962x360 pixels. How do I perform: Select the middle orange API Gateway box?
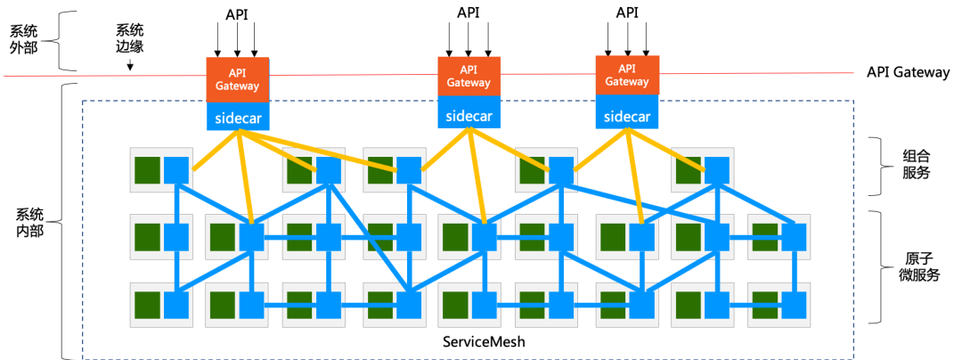pos(469,76)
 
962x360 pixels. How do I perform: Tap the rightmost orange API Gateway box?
pos(626,75)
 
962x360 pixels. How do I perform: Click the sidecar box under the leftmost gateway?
pos(237,117)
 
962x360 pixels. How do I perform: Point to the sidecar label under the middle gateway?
pos(469,113)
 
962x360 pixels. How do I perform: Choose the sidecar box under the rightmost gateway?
pos(626,116)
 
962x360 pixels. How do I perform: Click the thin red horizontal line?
pos(89,76)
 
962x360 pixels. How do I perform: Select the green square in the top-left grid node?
pos(147,169)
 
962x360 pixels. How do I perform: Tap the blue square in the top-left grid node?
pos(176,169)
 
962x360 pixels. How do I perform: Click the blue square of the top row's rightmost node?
pos(716,169)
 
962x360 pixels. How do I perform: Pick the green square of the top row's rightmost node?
pos(688,169)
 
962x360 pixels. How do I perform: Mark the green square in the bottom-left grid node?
pos(147,305)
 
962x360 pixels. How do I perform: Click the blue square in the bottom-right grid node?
pos(793,305)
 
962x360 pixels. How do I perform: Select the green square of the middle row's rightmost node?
pos(764,237)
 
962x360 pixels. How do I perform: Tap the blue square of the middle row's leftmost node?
pos(176,237)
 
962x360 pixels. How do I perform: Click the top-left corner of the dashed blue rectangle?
pos(83,101)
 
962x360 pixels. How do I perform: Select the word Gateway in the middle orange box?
pos(469,82)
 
